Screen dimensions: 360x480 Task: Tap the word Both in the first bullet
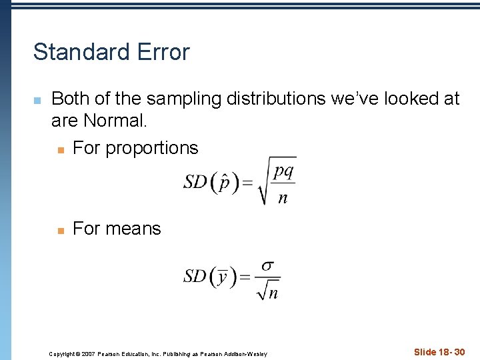(70, 99)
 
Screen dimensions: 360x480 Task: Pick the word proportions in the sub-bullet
(153, 147)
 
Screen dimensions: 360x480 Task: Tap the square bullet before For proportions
(60, 149)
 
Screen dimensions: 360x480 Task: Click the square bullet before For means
(60, 231)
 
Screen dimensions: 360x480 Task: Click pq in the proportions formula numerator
(283, 171)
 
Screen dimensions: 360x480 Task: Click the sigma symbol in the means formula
(267, 265)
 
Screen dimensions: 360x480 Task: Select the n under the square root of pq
(283, 197)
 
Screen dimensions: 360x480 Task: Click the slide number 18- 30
(439, 352)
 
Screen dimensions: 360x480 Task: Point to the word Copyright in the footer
(63, 353)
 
